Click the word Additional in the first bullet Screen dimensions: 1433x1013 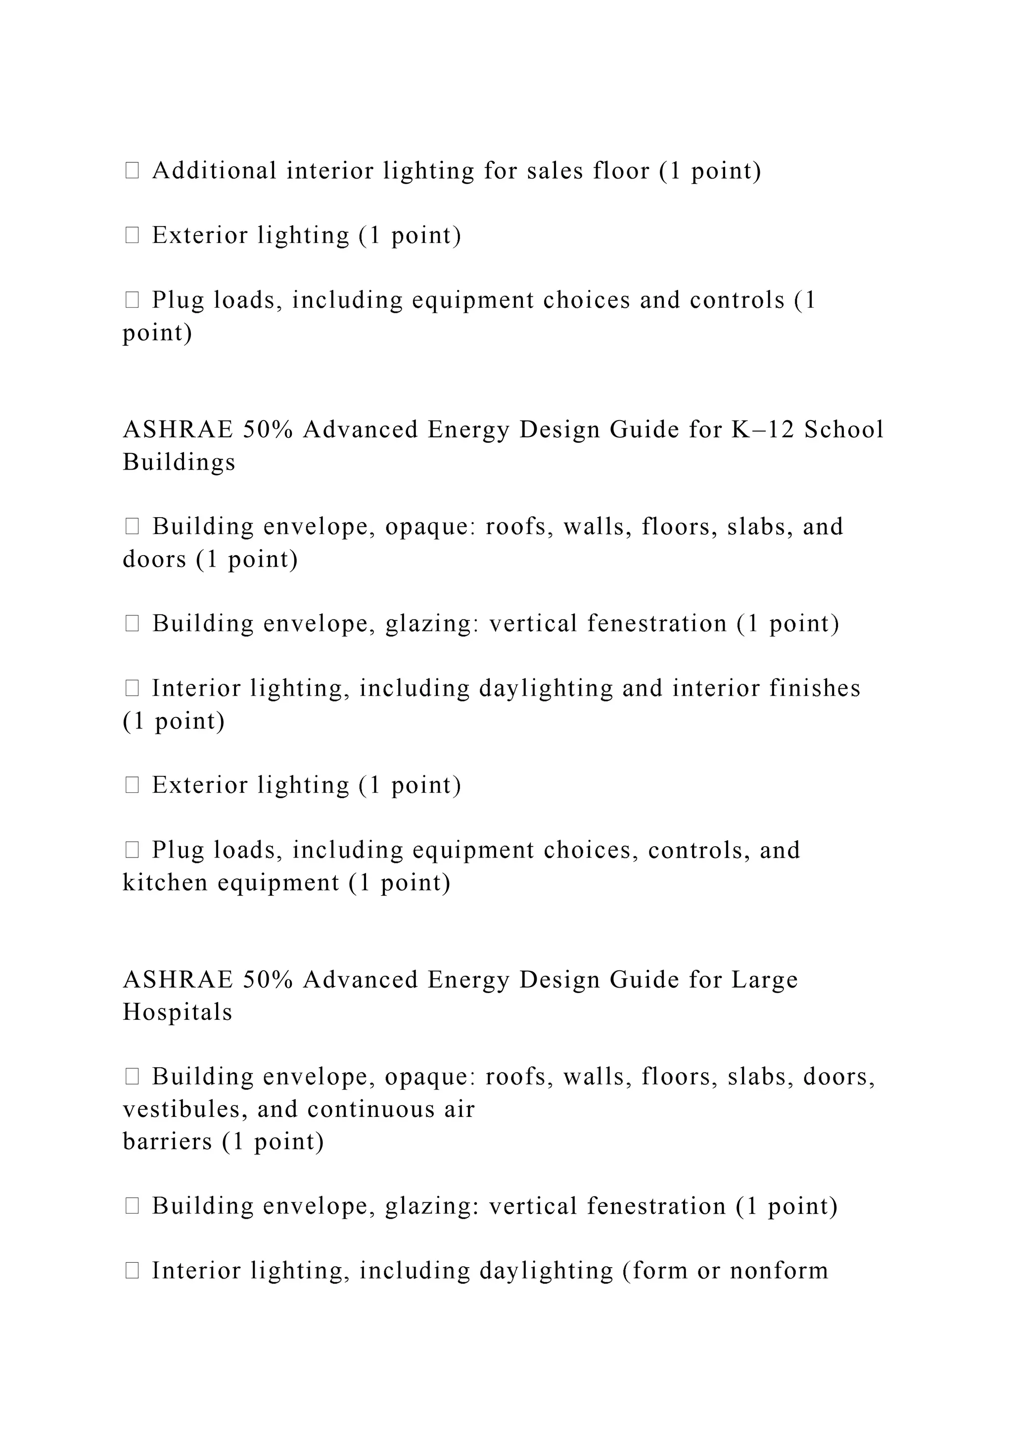pyautogui.click(x=214, y=171)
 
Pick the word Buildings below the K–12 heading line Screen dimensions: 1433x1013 pyautogui.click(x=179, y=463)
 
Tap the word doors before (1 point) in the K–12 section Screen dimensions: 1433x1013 pyautogui.click(x=154, y=559)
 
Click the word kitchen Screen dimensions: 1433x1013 pyautogui.click(x=165, y=883)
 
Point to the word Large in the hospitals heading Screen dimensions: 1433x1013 pyautogui.click(x=764, y=980)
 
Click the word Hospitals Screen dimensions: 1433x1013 pyautogui.click(x=177, y=1012)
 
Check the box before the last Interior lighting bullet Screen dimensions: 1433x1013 pyautogui.click(x=132, y=1270)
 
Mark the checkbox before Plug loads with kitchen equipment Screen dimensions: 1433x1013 pyautogui.click(x=132, y=850)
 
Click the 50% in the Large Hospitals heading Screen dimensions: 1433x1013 pyautogui.click(x=268, y=980)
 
